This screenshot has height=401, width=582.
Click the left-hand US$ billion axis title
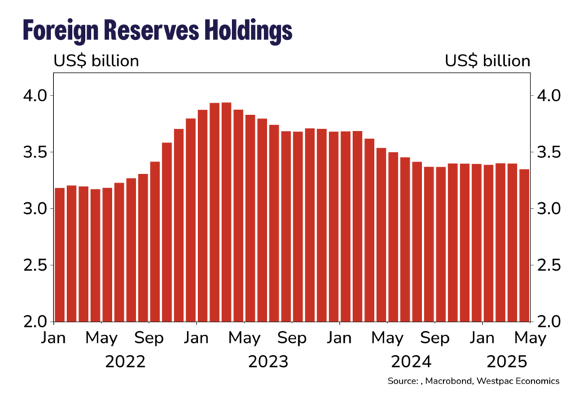tap(95, 60)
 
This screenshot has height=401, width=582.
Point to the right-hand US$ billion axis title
tap(487, 60)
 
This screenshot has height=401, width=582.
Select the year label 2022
tap(125, 362)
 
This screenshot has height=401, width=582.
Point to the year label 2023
tap(268, 362)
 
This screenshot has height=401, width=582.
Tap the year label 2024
tap(411, 362)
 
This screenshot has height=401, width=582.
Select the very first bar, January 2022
tap(60, 255)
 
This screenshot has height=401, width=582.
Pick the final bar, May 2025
tap(525, 245)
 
